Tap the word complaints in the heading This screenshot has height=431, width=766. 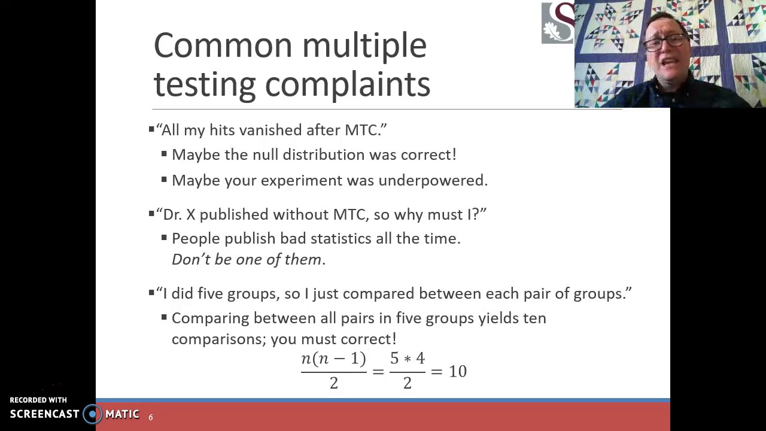click(x=347, y=84)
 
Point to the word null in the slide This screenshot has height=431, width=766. click(x=265, y=154)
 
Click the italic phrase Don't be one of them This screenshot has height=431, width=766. click(x=248, y=259)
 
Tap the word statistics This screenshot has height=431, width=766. click(x=341, y=238)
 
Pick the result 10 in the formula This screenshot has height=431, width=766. click(x=457, y=372)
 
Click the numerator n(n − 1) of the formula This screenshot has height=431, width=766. click(x=333, y=359)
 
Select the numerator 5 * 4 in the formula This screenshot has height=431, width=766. click(x=407, y=359)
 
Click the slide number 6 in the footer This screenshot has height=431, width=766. click(x=151, y=417)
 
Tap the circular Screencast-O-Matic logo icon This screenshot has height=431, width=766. click(x=93, y=414)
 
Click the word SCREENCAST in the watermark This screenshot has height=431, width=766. click(x=44, y=414)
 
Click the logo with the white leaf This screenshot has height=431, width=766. click(x=558, y=23)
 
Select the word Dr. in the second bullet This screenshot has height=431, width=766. click(x=172, y=214)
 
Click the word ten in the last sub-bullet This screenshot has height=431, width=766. click(x=534, y=318)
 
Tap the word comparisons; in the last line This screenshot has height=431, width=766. click(x=219, y=339)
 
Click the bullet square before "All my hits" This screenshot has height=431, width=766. click(x=151, y=129)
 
